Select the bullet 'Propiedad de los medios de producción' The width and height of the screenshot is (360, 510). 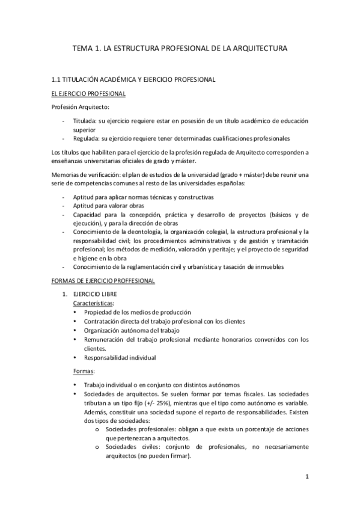click(x=138, y=312)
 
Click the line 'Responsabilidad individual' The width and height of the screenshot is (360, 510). click(x=120, y=357)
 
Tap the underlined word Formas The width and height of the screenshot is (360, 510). click(x=83, y=371)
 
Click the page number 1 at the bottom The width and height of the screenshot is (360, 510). click(x=307, y=478)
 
